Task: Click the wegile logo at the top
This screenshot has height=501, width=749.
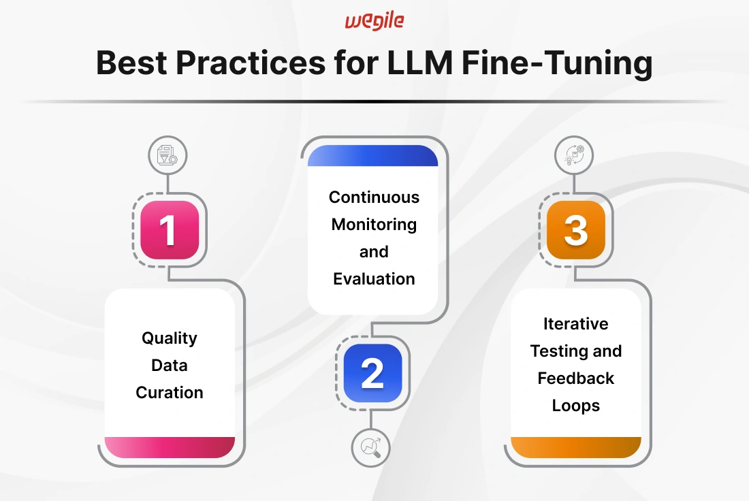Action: tap(374, 22)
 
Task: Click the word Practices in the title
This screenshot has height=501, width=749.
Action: tap(251, 63)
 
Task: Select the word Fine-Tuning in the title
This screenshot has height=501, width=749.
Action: tap(557, 63)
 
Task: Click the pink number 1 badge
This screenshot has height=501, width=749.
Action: tap(170, 229)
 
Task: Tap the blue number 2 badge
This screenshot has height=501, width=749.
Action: tap(372, 373)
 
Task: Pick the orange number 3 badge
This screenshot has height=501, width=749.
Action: tap(575, 229)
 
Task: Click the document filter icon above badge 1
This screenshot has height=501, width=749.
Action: tap(168, 155)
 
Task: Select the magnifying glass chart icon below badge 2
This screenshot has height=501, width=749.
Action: tap(370, 447)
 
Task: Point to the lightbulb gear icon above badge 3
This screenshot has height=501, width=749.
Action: tap(574, 155)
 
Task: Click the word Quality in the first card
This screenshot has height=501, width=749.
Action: tap(169, 338)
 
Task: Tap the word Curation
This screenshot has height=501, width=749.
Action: tap(170, 393)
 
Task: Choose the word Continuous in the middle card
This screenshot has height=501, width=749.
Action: tap(374, 197)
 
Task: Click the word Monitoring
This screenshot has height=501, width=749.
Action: tap(374, 225)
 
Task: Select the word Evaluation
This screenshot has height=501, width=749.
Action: tap(374, 279)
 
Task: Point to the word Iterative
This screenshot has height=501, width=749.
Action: tap(575, 324)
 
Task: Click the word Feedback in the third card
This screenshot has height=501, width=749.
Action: tap(575, 378)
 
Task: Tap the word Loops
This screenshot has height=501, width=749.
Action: tap(575, 406)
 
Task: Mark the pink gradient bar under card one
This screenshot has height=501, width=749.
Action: tap(170, 447)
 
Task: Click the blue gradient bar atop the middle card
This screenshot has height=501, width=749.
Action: tap(372, 156)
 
